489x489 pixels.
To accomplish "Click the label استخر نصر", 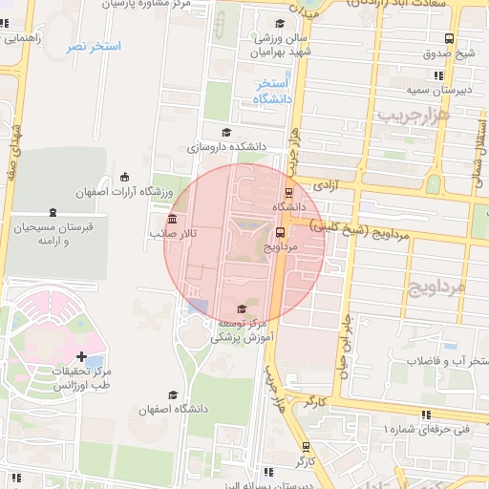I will (93, 46).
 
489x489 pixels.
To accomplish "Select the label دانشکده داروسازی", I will (224, 148).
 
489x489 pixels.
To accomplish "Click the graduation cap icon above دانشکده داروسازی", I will (226, 133).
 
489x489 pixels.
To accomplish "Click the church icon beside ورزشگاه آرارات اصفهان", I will (125, 177).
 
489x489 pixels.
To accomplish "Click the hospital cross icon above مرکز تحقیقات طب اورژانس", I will (80, 355).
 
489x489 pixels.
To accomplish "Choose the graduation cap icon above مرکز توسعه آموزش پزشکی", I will (241, 308).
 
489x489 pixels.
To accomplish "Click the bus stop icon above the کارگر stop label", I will (305, 446).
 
